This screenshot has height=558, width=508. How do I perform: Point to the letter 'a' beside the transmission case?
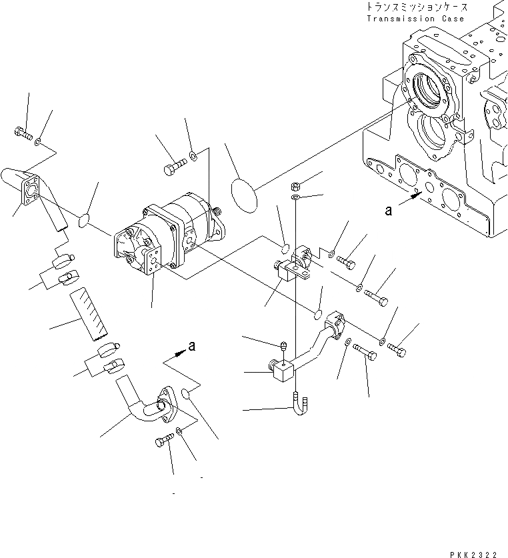(388, 211)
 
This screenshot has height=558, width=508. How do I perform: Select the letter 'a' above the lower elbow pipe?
(192, 345)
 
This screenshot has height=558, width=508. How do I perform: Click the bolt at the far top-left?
(22, 136)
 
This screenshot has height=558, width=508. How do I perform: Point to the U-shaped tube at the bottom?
(301, 405)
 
